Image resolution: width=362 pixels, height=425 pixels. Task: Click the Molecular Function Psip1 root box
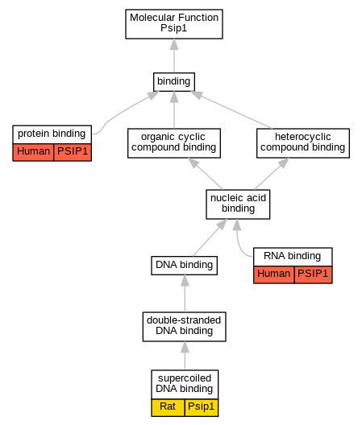pos(174,24)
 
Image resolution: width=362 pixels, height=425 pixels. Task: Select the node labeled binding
pos(174,81)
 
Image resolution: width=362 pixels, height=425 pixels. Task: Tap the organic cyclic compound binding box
pos(174,142)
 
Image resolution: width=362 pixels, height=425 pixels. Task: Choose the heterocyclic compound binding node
pos(303,142)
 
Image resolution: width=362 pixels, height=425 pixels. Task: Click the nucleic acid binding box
pos(238,204)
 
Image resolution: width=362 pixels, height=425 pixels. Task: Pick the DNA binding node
pos(185,266)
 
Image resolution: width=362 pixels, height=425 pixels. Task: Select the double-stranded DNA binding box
pos(185,326)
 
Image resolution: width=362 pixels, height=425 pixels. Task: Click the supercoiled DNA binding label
pos(185,384)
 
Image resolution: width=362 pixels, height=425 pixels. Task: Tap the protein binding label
pos(52,134)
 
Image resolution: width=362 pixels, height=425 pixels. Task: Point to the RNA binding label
pos(293,256)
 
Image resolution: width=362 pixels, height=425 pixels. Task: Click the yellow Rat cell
pos(168,407)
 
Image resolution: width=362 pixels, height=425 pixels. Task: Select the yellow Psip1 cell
pos(202,407)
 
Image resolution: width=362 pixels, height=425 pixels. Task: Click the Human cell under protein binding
pos(33,152)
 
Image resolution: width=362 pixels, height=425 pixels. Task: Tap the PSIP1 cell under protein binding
pos(73,152)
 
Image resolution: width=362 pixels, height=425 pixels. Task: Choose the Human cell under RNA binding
pos(274,274)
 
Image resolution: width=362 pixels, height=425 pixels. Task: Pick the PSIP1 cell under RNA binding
pos(313,274)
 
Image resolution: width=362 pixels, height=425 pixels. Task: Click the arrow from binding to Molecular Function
pos(174,56)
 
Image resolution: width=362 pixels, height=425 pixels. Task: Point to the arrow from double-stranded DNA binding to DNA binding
pos(185,293)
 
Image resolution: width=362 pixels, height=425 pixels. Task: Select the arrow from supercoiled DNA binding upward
pos(185,356)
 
